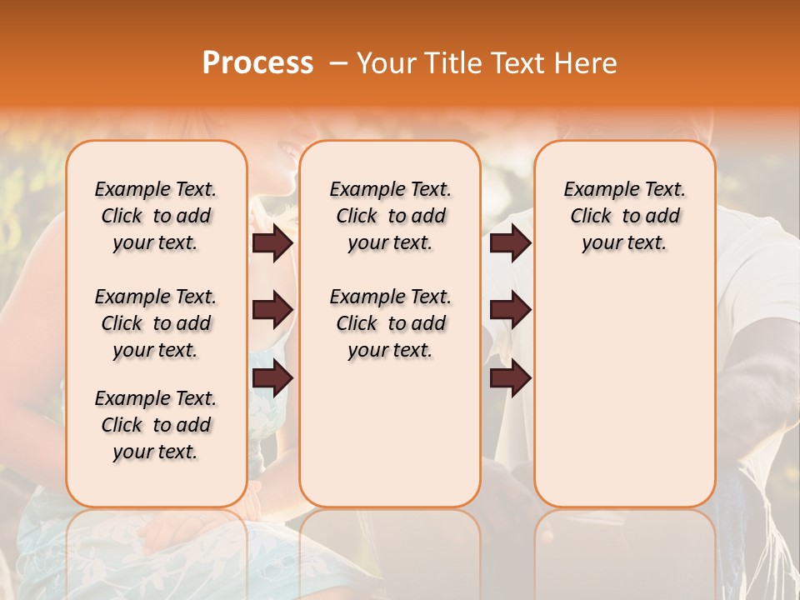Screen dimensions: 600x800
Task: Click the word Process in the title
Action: pyautogui.click(x=257, y=63)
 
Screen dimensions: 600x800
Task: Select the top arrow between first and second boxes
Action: pyautogui.click(x=272, y=242)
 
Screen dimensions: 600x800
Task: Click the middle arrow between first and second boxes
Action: pyautogui.click(x=272, y=310)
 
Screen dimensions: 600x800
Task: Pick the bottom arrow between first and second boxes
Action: pyautogui.click(x=272, y=378)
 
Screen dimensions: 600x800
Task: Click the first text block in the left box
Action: pyautogui.click(x=156, y=216)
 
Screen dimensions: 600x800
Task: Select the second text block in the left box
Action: pyautogui.click(x=156, y=323)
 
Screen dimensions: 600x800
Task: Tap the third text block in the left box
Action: pyautogui.click(x=156, y=425)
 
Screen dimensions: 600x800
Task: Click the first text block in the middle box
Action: pyautogui.click(x=390, y=216)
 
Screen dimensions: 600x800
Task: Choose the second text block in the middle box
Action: pyautogui.click(x=390, y=323)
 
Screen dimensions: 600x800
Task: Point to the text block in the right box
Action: pyautogui.click(x=625, y=216)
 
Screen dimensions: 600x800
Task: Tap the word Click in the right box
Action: pyautogui.click(x=591, y=217)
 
